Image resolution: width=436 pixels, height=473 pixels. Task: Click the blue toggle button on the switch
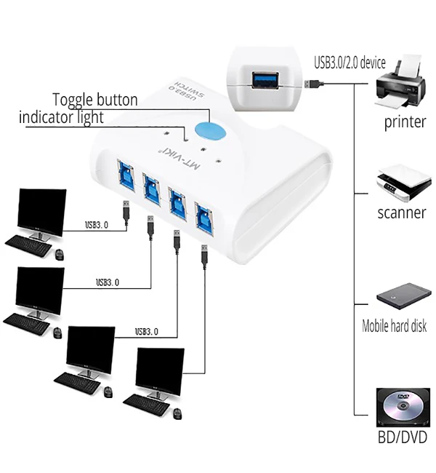[210, 132]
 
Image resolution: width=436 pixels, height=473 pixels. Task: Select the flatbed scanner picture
[403, 183]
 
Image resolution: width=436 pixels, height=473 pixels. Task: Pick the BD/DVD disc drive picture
[403, 407]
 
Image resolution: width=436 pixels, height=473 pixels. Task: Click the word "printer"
[405, 122]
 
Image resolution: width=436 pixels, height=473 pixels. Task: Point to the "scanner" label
[402, 212]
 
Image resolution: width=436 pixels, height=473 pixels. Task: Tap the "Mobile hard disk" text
[394, 326]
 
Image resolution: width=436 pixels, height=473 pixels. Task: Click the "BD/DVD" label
[403, 437]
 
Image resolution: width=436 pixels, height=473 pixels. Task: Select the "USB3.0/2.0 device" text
[350, 63]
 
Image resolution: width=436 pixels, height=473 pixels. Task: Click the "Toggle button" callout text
[95, 100]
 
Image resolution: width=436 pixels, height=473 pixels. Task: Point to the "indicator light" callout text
[61, 117]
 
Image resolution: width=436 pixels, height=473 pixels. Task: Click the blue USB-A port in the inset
[265, 80]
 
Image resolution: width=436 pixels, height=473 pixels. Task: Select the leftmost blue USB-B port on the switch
[126, 175]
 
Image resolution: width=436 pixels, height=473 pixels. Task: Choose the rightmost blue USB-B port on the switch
[204, 218]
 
